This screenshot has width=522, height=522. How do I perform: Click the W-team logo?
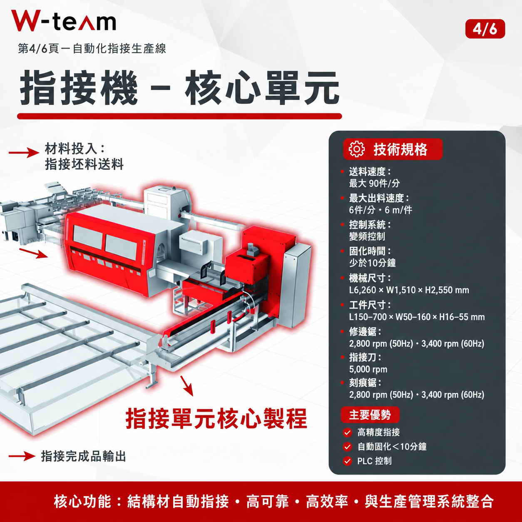[64, 20]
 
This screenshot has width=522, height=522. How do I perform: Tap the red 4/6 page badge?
[485, 29]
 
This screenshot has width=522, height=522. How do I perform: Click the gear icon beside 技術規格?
[356, 149]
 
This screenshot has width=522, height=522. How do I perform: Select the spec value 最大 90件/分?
[374, 184]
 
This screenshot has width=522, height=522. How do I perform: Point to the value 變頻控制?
[367, 236]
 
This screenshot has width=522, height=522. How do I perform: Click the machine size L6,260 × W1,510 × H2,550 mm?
[409, 290]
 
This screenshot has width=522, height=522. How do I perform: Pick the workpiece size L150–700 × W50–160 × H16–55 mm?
[417, 317]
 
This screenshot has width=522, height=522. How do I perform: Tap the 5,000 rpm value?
[368, 369]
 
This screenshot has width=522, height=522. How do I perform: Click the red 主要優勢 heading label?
[370, 415]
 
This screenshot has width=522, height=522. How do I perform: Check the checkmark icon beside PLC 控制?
[347, 461]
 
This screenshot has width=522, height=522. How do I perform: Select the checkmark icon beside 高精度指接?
[347, 433]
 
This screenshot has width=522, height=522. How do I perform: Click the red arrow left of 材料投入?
[24, 152]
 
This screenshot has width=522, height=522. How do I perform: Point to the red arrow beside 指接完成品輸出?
[22, 456]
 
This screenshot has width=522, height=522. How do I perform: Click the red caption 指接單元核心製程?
[216, 419]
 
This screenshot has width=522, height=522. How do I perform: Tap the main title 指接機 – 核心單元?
[179, 87]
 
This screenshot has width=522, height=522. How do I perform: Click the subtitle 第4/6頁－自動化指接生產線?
[92, 48]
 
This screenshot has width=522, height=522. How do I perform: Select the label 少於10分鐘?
[372, 263]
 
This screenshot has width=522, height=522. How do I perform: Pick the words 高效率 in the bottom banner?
[327, 501]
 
